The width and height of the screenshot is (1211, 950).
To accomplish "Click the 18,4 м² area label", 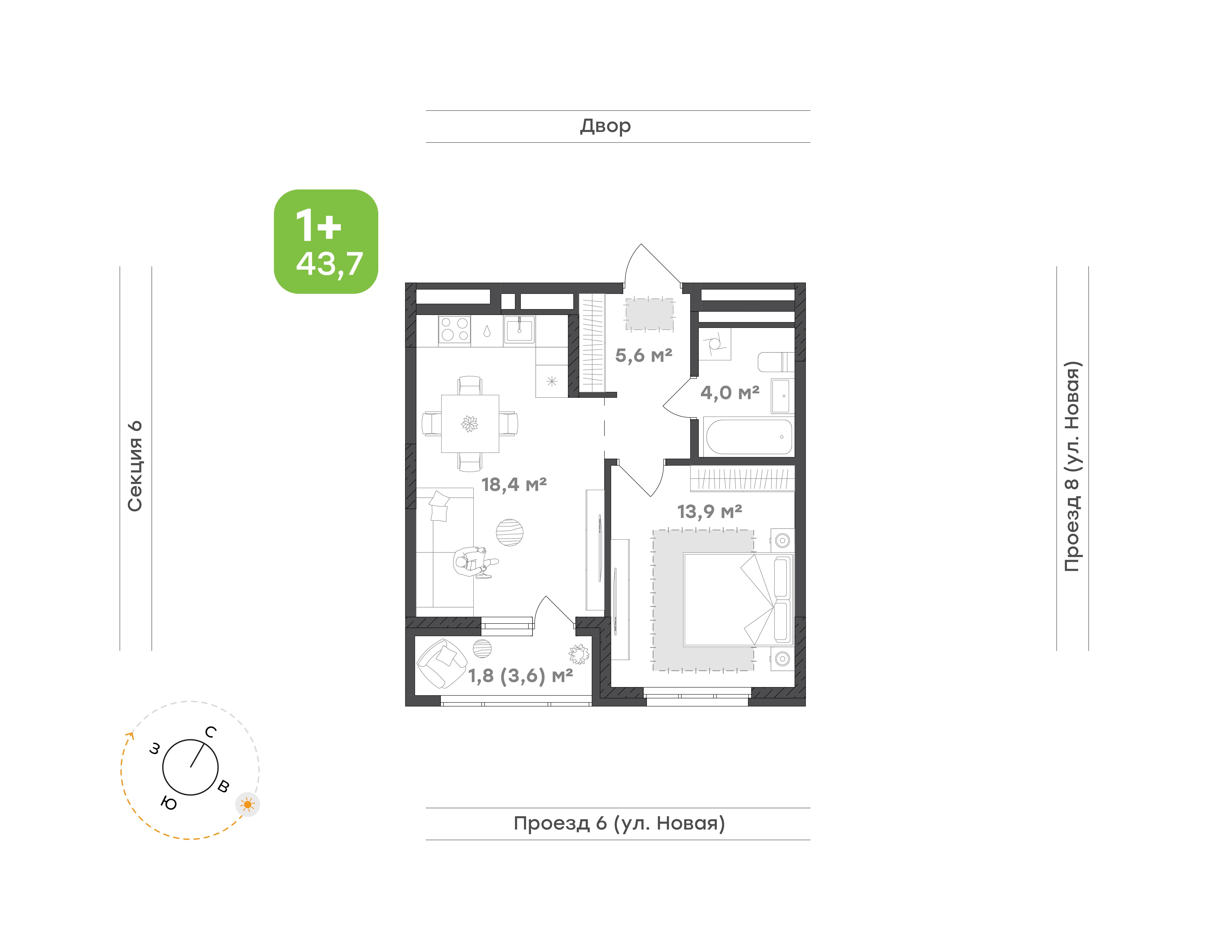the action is pyautogui.click(x=514, y=485).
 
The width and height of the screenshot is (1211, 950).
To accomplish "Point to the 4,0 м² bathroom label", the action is pyautogui.click(x=730, y=393).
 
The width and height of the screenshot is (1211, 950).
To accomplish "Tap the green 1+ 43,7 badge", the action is pyautogui.click(x=326, y=241).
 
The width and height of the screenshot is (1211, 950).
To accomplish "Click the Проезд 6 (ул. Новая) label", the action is pyautogui.click(x=619, y=823).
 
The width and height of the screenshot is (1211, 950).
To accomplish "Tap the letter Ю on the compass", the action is pyautogui.click(x=169, y=803).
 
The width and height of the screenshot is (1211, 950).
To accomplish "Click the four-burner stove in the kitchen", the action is pyautogui.click(x=455, y=329).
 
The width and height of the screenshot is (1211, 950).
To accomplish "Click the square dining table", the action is pyautogui.click(x=470, y=424).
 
